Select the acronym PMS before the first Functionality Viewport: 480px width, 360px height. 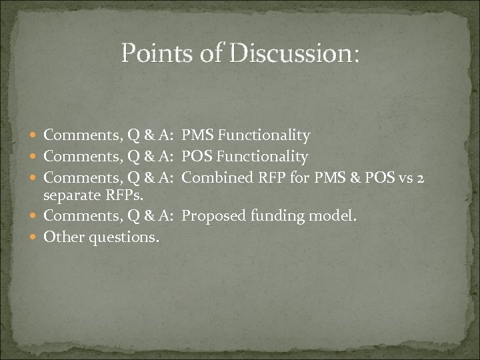(198, 136)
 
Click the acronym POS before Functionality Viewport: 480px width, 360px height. (197, 157)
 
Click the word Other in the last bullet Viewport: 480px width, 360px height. (61, 237)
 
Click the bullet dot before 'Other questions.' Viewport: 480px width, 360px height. (34, 237)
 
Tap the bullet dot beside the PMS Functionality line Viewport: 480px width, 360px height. (34, 136)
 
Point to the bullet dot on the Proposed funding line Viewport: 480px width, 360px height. (34, 216)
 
